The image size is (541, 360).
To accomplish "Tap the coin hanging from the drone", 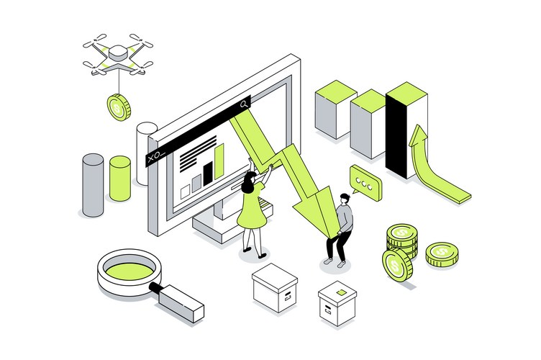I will pyautogui.click(x=118, y=108).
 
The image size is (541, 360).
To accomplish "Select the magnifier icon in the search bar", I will pyautogui.click(x=244, y=104).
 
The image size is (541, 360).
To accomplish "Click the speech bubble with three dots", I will pyautogui.click(x=365, y=184).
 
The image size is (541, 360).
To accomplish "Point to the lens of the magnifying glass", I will pyautogui.click(x=129, y=271).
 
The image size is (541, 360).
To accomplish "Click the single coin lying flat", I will pyautogui.click(x=442, y=253).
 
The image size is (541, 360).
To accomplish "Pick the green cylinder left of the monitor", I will pyautogui.click(x=119, y=178).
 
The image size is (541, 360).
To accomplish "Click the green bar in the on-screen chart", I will pyautogui.click(x=219, y=162).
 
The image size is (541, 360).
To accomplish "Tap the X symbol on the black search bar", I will pyautogui.click(x=150, y=156).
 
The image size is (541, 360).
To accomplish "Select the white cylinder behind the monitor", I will pyautogui.click(x=146, y=144).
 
